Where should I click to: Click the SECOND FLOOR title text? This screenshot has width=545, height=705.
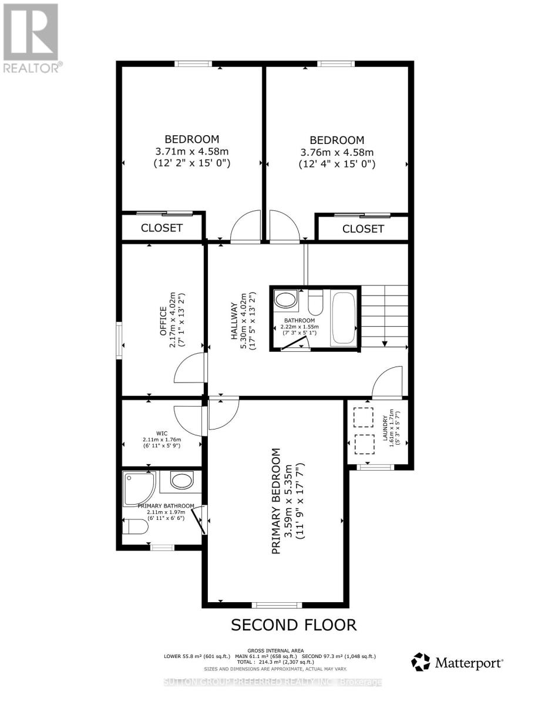[x=293, y=625]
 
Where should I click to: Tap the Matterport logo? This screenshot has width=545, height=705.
[x=457, y=663]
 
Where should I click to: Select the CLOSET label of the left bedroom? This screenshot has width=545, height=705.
[x=162, y=228]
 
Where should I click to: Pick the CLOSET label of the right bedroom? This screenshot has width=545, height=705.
[x=363, y=229]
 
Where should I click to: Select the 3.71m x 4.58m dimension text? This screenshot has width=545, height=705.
[x=191, y=151]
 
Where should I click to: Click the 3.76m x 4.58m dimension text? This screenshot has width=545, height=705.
[x=337, y=152]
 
